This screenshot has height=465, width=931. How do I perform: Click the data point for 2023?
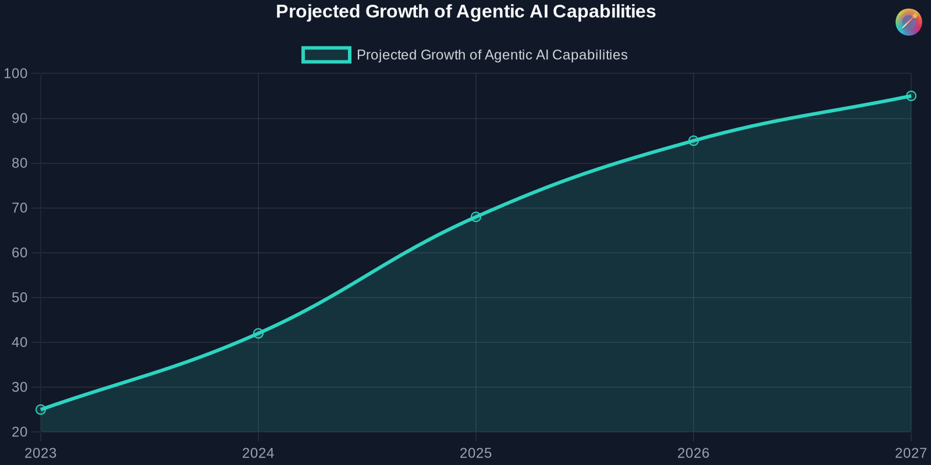click(x=41, y=410)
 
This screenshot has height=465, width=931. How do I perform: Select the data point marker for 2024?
click(x=258, y=334)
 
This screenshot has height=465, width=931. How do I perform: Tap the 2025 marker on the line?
click(x=476, y=217)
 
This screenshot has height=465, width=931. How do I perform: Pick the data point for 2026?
click(x=694, y=141)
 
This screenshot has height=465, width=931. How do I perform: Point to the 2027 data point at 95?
click(x=911, y=96)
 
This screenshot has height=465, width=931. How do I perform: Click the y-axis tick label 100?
click(x=16, y=74)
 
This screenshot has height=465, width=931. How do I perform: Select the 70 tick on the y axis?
click(x=19, y=208)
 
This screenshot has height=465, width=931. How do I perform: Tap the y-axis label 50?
click(x=19, y=298)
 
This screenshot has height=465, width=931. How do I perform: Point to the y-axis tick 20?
click(x=19, y=432)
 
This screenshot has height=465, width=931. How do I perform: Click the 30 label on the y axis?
click(x=19, y=387)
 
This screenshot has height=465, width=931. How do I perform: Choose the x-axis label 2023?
click(x=41, y=453)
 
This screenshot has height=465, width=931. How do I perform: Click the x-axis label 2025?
click(x=476, y=453)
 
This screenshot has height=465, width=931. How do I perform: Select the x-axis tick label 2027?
click(x=910, y=453)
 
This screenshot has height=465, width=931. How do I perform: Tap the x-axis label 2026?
click(x=694, y=453)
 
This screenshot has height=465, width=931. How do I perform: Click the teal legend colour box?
click(x=326, y=55)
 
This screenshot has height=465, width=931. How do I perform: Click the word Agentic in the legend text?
click(x=507, y=55)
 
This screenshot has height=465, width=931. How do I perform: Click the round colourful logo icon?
click(x=908, y=22)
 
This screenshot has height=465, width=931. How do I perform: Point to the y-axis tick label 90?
click(x=19, y=119)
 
